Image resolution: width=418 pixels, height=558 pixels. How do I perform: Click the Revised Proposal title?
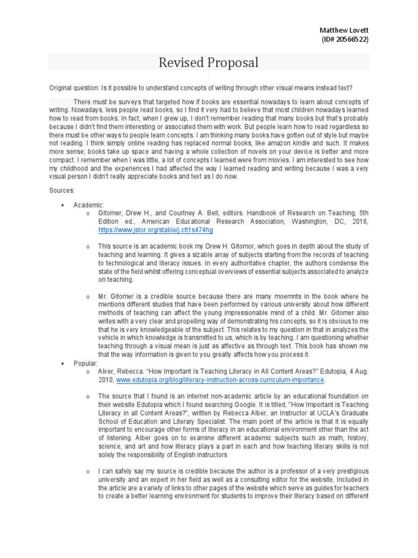coord(208,63)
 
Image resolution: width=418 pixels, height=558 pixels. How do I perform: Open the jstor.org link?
coord(148,231)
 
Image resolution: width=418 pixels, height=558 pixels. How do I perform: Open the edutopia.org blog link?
coord(220,379)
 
